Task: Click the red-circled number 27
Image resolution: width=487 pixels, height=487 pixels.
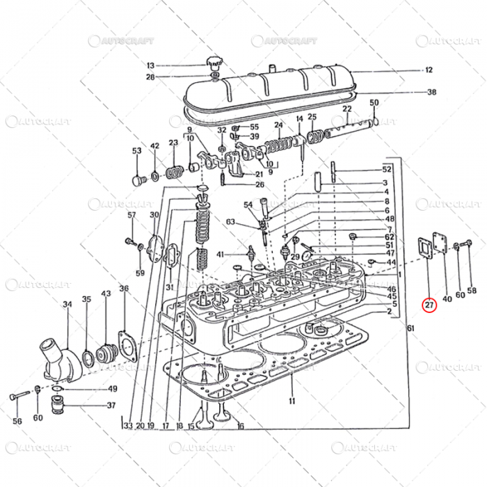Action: [429, 304]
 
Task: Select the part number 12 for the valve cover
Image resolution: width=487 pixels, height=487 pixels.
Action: [429, 70]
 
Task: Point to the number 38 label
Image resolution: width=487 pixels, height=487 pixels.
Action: [431, 93]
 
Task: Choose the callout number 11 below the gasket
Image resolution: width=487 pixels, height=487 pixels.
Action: [292, 401]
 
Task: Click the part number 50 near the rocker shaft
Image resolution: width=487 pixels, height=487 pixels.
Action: [374, 103]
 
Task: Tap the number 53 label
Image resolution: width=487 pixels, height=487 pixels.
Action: [136, 151]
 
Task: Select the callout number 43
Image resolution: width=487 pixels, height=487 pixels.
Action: [106, 294]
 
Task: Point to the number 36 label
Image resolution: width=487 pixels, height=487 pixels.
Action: [124, 289]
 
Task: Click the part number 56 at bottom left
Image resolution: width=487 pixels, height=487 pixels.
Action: [17, 421]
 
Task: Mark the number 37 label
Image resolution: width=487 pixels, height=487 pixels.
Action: [111, 406]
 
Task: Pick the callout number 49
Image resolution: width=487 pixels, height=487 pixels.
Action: [112, 389]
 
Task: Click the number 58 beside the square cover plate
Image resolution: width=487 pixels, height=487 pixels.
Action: [472, 291]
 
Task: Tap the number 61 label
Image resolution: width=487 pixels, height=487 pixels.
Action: [410, 328]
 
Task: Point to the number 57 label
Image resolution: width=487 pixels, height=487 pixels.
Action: [131, 216]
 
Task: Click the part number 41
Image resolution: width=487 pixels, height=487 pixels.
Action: [220, 255]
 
